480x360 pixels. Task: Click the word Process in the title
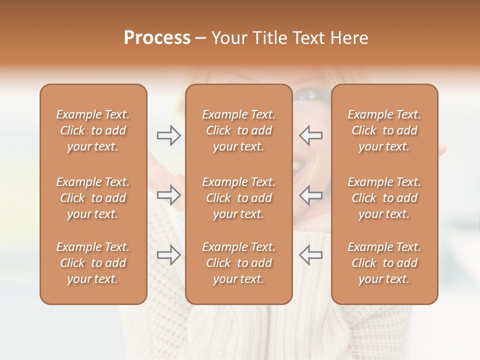157,38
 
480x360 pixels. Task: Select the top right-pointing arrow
169,135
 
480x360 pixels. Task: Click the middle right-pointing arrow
169,194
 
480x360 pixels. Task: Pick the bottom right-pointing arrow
169,255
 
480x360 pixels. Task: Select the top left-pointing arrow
310,135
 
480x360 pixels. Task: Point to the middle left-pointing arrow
310,194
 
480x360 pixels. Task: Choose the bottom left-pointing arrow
310,255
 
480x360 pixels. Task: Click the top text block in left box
93,130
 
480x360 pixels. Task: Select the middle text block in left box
93,198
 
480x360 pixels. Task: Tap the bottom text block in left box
93,263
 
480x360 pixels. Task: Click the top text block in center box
239,130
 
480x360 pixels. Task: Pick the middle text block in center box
239,198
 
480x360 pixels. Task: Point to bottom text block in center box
239,263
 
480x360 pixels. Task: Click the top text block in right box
384,130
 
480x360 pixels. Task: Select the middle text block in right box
384,198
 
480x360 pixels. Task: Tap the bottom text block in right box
384,263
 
